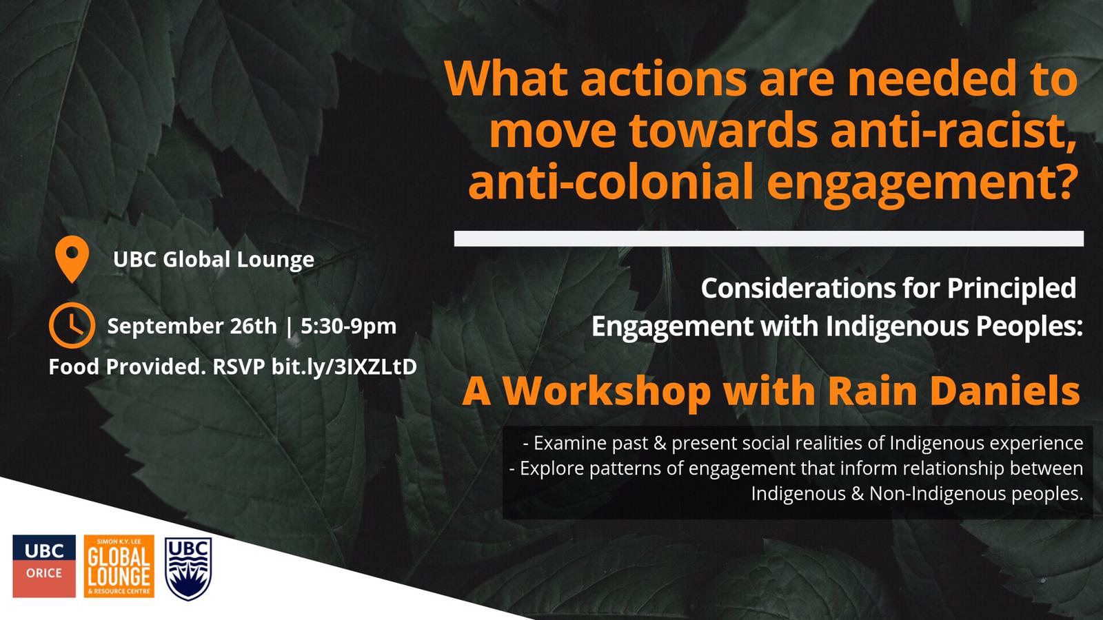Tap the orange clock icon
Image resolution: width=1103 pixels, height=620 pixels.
point(72,325)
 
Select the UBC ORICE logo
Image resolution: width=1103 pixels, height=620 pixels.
point(44,566)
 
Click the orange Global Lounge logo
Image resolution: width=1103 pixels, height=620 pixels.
point(119,566)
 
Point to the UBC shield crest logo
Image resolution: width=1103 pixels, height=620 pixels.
point(188,568)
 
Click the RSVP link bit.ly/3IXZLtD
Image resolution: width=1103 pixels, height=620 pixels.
point(344,367)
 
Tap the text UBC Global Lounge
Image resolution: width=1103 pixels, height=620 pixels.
point(214,259)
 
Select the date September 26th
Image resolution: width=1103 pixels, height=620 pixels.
point(192,327)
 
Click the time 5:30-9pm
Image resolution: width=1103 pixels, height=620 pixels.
point(349,327)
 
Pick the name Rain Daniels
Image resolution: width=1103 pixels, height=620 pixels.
point(953,391)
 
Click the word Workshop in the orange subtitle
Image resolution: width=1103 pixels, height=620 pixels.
point(607,392)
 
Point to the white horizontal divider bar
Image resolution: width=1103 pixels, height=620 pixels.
point(769,238)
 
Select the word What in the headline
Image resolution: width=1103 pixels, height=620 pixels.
point(507,79)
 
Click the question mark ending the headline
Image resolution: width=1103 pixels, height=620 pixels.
point(1062,180)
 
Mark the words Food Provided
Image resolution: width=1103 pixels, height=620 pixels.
point(128,367)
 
